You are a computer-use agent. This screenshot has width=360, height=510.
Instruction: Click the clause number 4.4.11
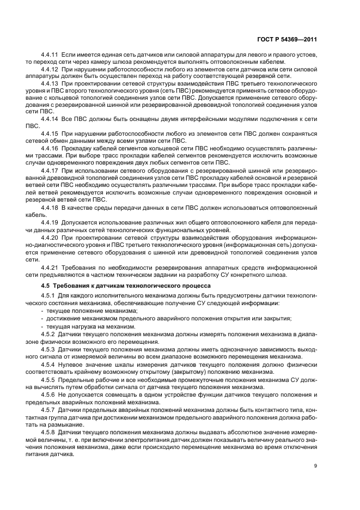50,56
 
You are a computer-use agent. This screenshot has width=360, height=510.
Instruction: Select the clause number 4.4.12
50,69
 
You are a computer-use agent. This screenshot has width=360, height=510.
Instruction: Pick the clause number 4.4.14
50,118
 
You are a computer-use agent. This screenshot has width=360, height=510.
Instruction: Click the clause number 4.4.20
50,231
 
